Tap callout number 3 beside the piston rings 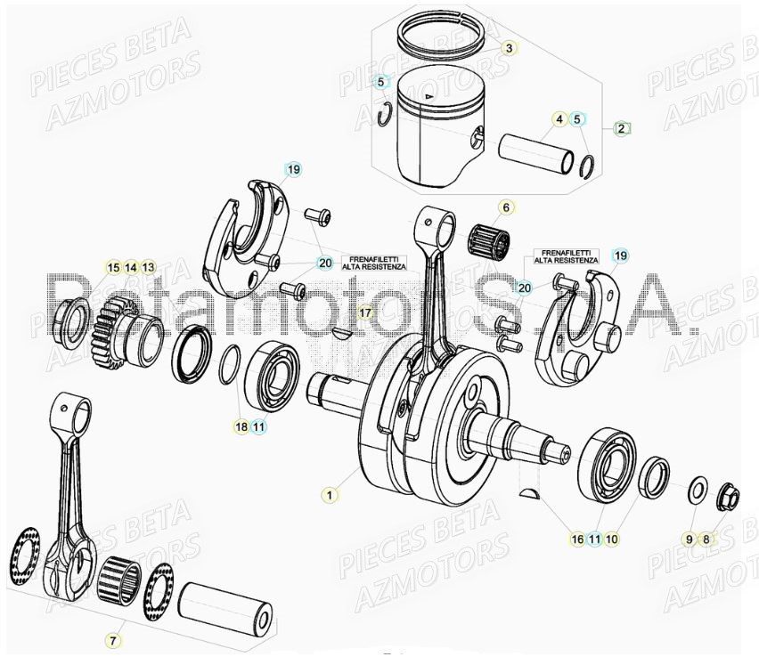(508, 48)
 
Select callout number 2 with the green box (621, 128)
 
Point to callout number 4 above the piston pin (559, 119)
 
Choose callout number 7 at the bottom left (112, 639)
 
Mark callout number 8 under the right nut (706, 539)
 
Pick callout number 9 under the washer (688, 539)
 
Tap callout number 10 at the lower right (613, 539)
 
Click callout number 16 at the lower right (577, 539)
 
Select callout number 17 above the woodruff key (363, 313)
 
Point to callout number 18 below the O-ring (241, 426)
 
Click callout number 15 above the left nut (113, 267)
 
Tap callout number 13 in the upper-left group (148, 267)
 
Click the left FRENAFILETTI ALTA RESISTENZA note (372, 261)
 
